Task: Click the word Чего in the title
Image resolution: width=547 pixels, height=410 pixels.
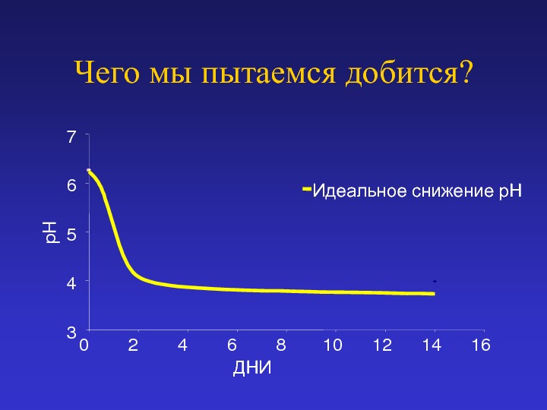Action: coord(106,72)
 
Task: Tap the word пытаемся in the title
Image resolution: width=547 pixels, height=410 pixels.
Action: coord(268,74)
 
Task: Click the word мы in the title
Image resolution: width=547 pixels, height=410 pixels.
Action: coord(170,74)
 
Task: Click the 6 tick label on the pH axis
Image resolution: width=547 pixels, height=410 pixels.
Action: coord(71,184)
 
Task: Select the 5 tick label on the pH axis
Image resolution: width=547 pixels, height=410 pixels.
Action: coord(71,235)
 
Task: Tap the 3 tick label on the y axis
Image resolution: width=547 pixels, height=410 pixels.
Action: coord(71,333)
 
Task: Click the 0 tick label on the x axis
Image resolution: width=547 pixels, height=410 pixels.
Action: coord(84,345)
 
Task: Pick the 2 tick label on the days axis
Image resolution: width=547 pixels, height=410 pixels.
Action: coord(133,345)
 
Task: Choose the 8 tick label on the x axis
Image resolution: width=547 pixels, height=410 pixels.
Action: coord(281,345)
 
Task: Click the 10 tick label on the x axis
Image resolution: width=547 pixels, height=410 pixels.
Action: coord(333,345)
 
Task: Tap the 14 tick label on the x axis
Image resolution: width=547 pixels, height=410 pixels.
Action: coord(432,345)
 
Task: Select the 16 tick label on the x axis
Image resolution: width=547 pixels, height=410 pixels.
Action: coord(481,345)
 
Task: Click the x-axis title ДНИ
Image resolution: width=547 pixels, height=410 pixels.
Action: coord(252,367)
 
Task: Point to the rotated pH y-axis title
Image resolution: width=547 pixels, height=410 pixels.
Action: coord(52,232)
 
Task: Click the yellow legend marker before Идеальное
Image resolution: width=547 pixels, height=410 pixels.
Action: coord(307,189)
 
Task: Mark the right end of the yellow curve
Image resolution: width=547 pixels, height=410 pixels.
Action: coord(435,294)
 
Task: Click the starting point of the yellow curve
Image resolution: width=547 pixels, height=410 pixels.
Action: coord(89,171)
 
